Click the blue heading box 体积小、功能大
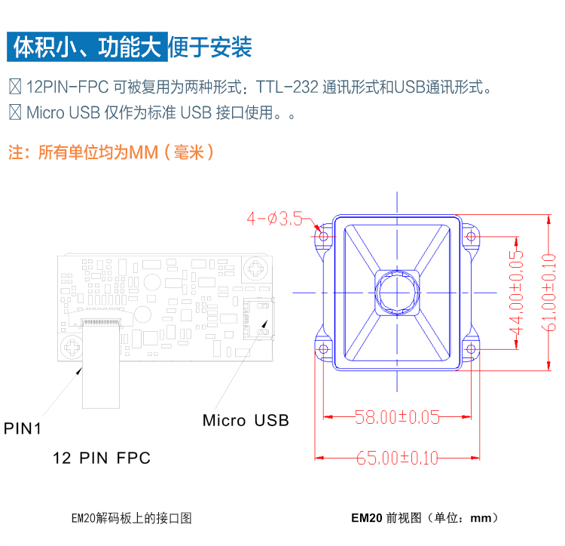[87, 47]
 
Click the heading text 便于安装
[209, 48]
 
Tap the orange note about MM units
[111, 152]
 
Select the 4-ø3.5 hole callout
[274, 219]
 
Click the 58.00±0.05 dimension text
[397, 417]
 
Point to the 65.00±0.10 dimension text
[397, 458]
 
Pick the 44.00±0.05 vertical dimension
[516, 293]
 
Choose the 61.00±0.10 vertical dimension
[548, 292]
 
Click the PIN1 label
[23, 428]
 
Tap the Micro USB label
[246, 420]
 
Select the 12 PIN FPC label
[102, 458]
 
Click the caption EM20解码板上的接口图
[132, 518]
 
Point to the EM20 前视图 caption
[425, 518]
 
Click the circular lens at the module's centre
[397, 293]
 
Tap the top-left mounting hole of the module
[323, 237]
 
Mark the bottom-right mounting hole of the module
[471, 349]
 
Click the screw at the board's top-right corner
[256, 268]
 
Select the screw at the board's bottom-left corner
[72, 347]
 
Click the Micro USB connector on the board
[258, 318]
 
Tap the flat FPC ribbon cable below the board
[101, 365]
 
